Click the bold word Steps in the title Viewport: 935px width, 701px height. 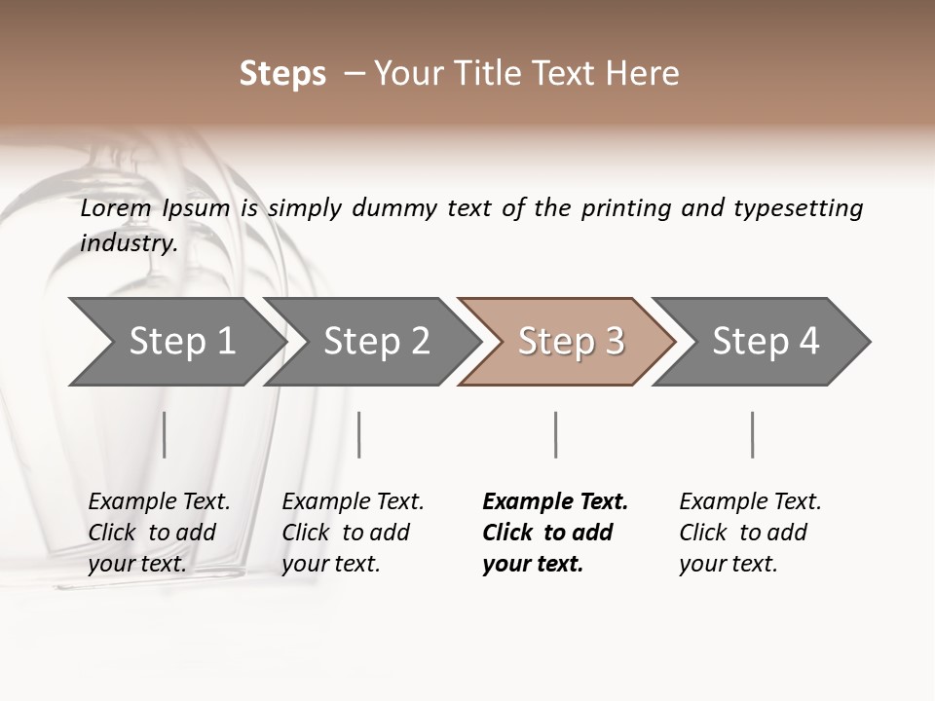(282, 74)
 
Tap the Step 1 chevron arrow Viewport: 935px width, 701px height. (175, 341)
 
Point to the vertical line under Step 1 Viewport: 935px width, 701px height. (164, 434)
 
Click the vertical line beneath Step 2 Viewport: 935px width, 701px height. (359, 434)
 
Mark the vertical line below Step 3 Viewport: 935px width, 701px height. (555, 434)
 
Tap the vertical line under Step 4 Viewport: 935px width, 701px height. (752, 434)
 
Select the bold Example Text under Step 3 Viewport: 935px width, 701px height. (555, 502)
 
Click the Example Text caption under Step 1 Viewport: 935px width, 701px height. (159, 502)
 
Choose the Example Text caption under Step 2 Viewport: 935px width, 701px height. (353, 502)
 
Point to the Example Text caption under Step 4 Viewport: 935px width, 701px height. (750, 502)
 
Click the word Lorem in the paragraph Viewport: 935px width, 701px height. (116, 208)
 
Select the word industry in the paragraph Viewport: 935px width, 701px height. (128, 242)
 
